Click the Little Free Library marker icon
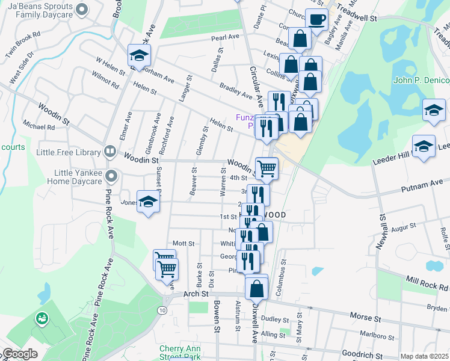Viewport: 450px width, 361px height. click(x=109, y=152)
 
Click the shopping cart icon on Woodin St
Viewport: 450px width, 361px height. click(x=267, y=168)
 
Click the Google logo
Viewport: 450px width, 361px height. click(x=19, y=354)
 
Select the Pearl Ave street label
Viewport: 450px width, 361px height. click(x=225, y=37)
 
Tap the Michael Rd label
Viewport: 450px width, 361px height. click(x=39, y=126)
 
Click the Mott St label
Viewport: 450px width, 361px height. click(x=183, y=244)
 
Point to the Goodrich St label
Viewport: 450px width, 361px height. click(x=362, y=354)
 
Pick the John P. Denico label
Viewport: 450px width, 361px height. click(x=421, y=81)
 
